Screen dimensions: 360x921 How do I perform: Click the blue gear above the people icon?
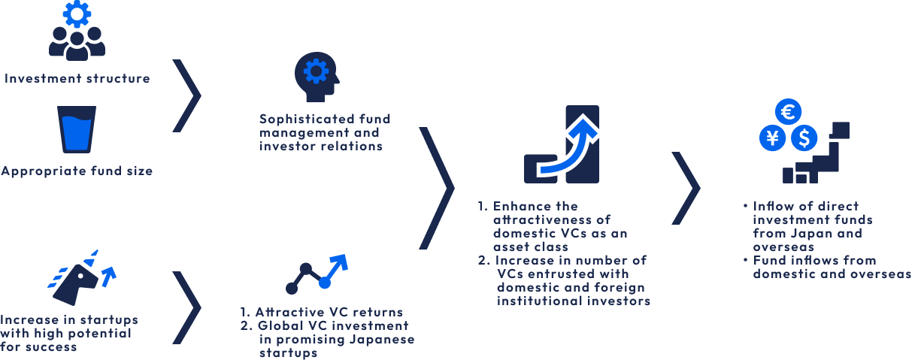coord(77,13)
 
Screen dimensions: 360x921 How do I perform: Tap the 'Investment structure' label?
coord(77,78)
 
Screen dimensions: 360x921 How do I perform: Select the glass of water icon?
coord(77,129)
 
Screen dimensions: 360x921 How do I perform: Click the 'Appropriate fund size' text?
coord(77,171)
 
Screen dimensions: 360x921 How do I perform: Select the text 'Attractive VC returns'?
coord(329,312)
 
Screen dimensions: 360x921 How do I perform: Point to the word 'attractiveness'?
coord(541,219)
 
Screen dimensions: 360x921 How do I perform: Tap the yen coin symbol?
coord(772,138)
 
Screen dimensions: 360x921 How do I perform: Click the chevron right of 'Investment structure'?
coord(188,95)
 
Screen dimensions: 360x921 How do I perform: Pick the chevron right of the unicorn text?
coord(188,307)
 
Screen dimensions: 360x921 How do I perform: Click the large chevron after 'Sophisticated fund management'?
coord(437,187)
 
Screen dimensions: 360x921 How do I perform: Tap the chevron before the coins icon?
coord(685,187)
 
